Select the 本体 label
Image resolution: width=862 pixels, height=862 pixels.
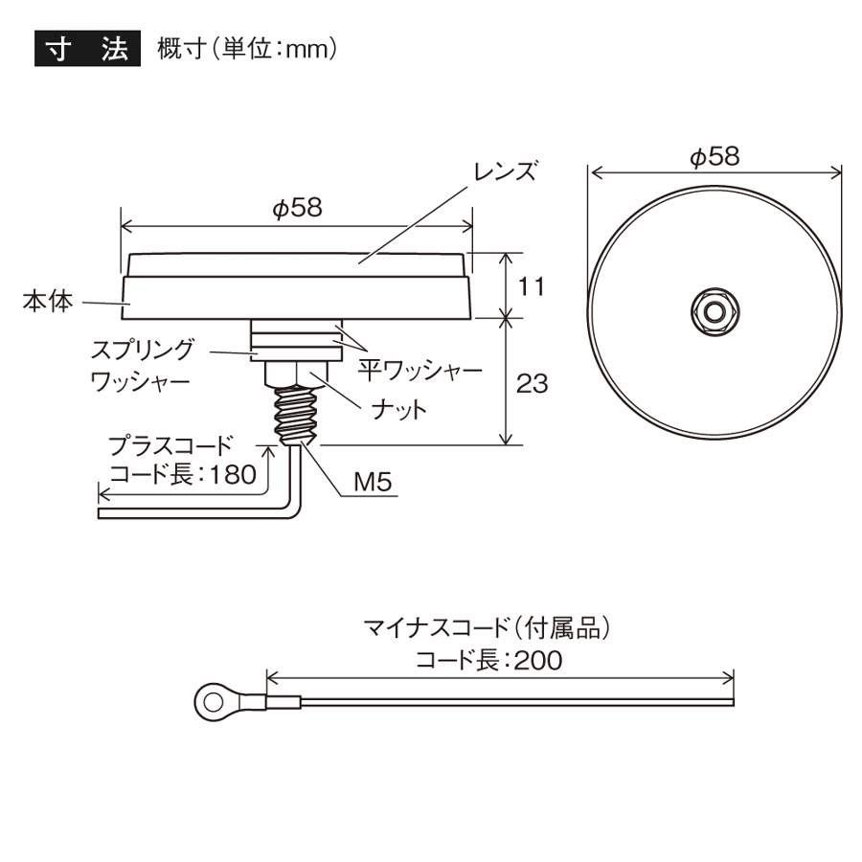click(48, 302)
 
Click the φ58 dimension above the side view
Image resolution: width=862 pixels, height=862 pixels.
click(296, 208)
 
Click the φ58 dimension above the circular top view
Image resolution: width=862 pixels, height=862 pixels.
click(715, 157)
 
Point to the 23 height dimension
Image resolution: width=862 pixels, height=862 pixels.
click(533, 383)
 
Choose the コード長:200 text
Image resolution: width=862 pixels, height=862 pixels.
click(488, 661)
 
